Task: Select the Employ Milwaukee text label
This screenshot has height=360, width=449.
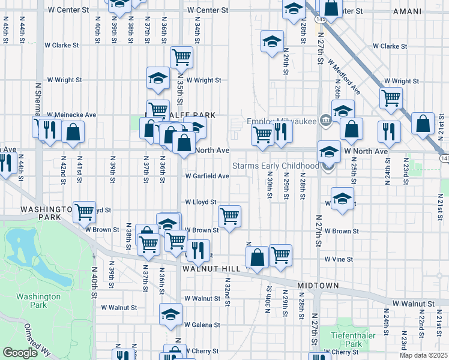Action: pos(282,121)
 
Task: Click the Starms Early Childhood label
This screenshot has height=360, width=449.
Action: pos(276,166)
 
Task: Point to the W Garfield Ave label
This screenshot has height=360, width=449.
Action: pos(207,176)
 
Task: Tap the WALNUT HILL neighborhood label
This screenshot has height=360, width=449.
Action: pos(208,269)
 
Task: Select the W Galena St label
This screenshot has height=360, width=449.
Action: pos(202,325)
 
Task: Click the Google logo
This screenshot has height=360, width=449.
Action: pos(20,353)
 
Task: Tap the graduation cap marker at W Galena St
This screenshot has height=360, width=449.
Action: pos(170,314)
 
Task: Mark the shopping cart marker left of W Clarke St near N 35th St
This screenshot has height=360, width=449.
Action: pos(181,57)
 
